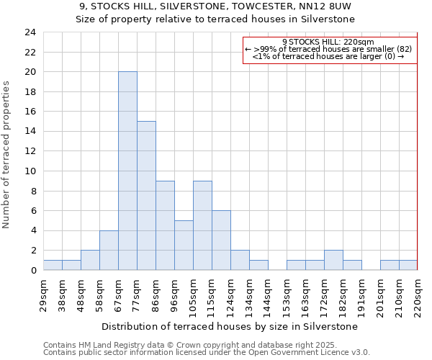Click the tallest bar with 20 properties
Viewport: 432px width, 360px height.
[127, 171]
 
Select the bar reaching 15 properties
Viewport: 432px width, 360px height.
[146, 196]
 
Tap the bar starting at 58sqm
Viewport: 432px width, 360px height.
[109, 251]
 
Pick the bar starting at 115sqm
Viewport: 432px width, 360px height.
[221, 240]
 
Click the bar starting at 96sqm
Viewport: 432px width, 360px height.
[184, 246]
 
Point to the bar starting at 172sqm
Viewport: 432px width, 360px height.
[333, 260]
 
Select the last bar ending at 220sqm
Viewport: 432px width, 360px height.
[408, 265]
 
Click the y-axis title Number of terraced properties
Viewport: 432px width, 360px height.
[7, 154]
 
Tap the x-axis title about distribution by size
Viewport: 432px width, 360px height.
[229, 326]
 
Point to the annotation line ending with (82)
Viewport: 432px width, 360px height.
[328, 49]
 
